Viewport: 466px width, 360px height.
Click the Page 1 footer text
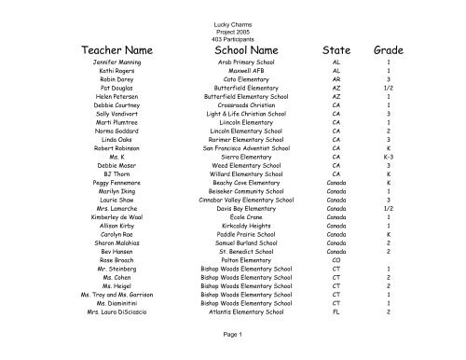tap(233, 334)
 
